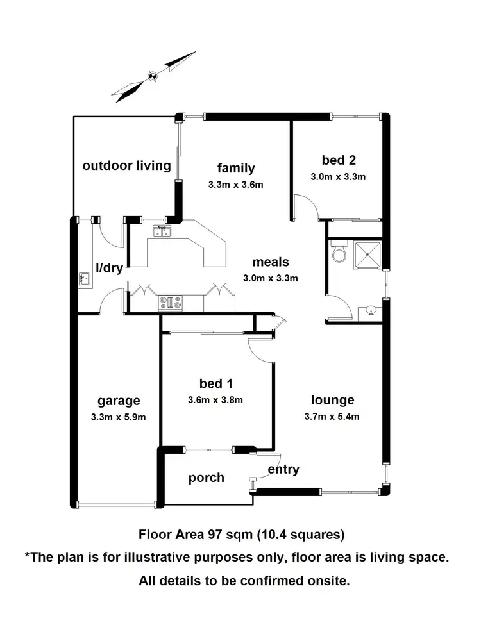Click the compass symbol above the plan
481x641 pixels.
153,76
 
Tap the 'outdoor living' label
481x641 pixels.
126,165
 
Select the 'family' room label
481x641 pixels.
235,168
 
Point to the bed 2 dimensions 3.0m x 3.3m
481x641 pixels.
337,177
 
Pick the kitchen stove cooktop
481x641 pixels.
171,301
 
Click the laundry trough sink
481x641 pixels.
83,279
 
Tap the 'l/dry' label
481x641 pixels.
110,268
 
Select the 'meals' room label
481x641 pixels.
270,262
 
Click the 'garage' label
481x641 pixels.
119,401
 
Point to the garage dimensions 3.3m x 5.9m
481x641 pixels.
119,417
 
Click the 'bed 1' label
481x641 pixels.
215,383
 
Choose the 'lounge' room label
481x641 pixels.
332,400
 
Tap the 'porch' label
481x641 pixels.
207,478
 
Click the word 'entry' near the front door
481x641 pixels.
283,469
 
